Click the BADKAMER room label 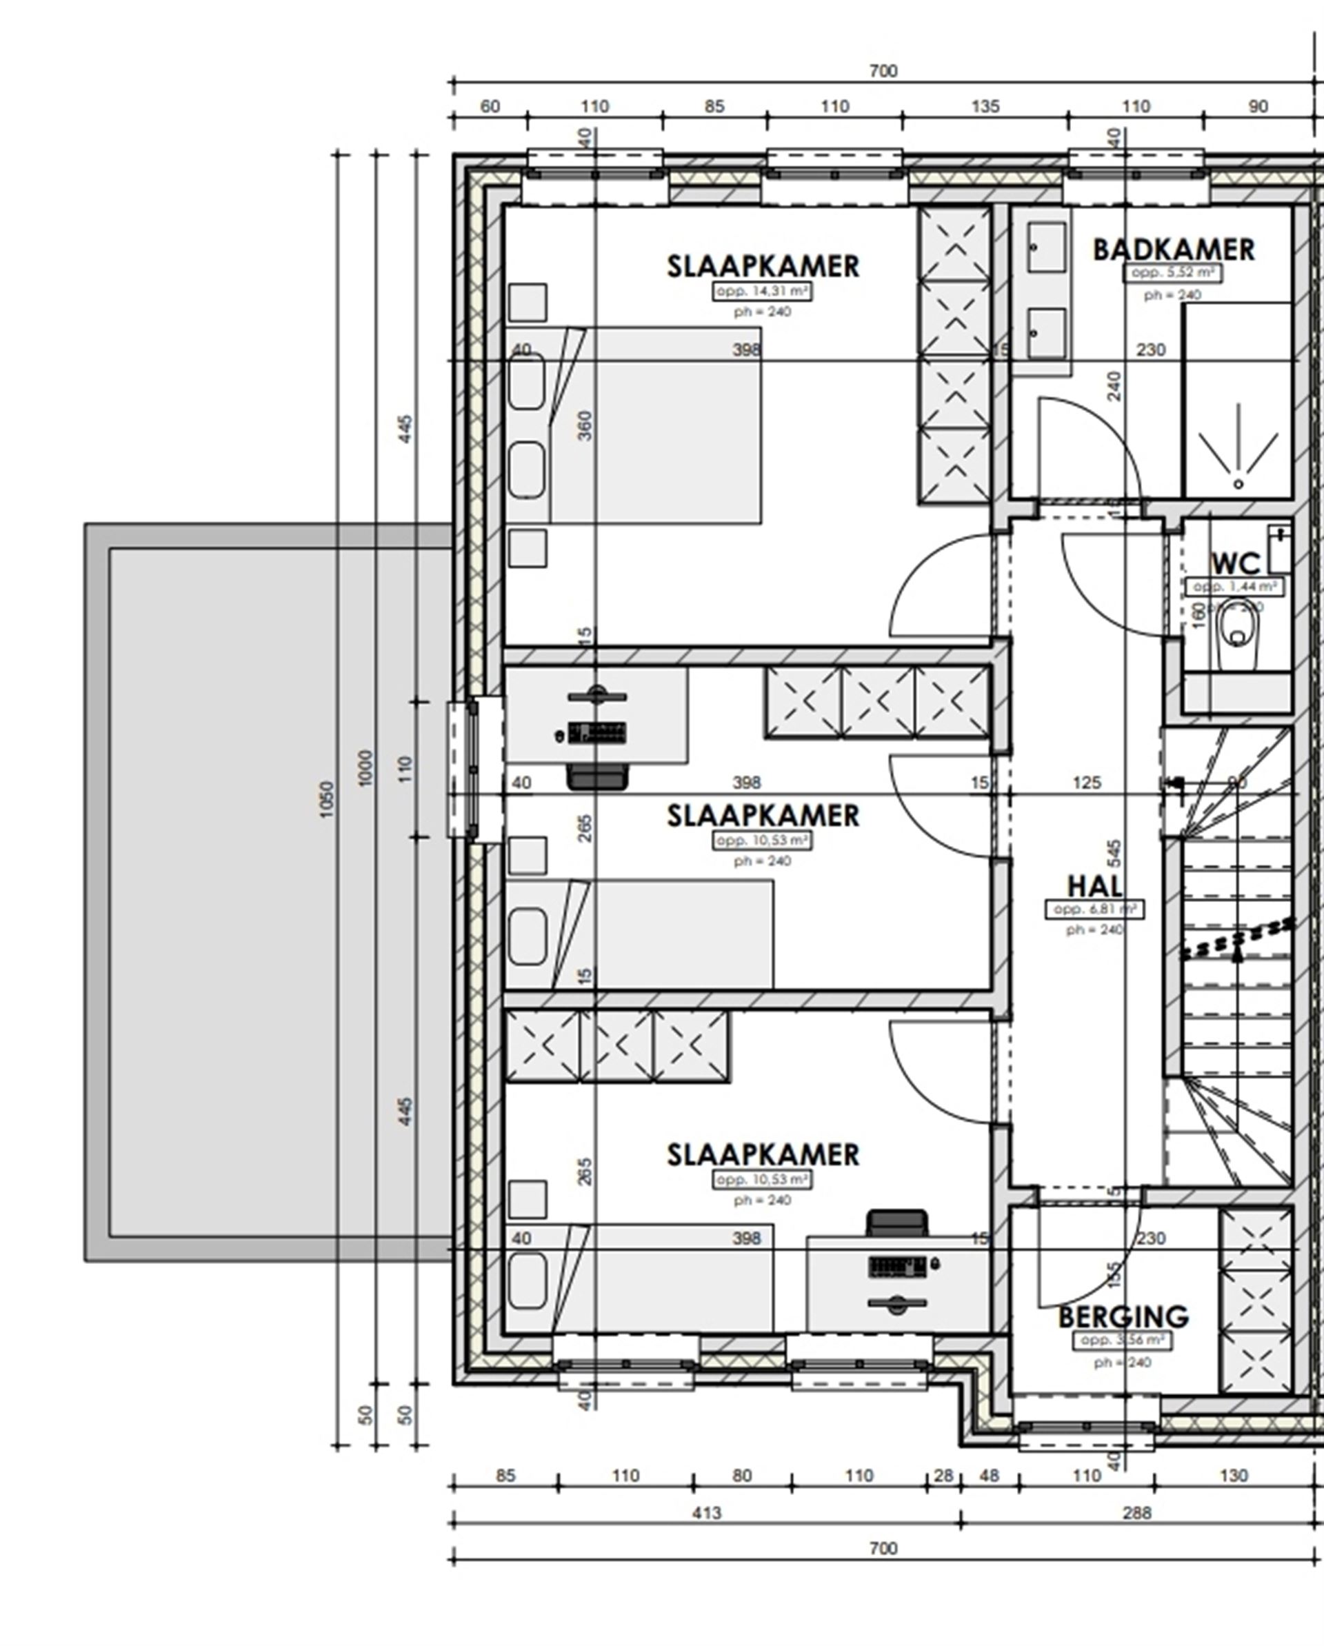tap(1173, 250)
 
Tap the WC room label tap(1236, 564)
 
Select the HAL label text tap(1094, 886)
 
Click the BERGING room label tap(1123, 1317)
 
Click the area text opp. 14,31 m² tap(761, 291)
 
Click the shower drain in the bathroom tap(1238, 484)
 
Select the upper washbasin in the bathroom tap(1045, 247)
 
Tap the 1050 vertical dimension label tap(327, 799)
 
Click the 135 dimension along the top tap(984, 106)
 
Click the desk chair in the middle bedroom tap(597, 776)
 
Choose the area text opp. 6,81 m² tap(1094, 910)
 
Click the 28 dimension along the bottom tap(944, 1476)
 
